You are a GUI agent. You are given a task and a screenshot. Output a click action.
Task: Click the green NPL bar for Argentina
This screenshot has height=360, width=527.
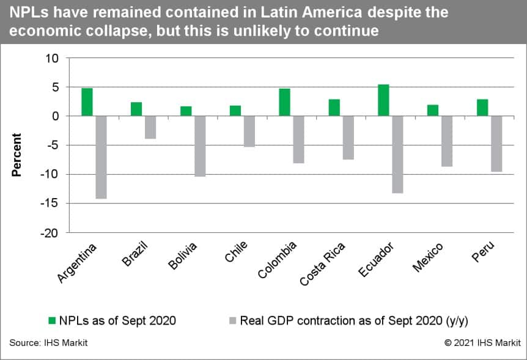click(x=87, y=102)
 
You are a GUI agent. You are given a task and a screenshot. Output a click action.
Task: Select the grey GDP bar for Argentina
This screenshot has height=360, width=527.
click(x=101, y=157)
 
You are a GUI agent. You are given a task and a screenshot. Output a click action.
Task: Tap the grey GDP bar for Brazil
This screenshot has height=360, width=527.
click(x=150, y=127)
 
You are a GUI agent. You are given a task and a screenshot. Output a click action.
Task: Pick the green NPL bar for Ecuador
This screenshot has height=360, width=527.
click(x=383, y=100)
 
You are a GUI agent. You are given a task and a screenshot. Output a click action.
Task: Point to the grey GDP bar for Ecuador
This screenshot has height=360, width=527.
click(x=397, y=155)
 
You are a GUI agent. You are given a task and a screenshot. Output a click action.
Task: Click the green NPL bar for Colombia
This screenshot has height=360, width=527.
click(x=285, y=102)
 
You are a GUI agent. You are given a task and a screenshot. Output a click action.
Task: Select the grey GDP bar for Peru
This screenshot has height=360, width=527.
click(x=496, y=144)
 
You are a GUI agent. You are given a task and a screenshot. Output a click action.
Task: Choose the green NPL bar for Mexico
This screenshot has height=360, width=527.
click(x=433, y=110)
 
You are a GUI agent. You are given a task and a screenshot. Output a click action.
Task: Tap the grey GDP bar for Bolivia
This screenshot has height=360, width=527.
click(x=200, y=146)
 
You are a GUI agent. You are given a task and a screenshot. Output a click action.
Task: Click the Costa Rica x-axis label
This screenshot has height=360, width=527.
click(x=323, y=263)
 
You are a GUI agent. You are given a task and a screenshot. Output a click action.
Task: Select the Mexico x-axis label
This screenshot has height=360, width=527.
click(x=429, y=255)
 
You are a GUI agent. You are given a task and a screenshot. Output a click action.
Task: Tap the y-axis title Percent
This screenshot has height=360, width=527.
click(x=17, y=155)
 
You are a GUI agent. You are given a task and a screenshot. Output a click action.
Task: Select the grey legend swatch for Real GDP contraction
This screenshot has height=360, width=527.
click(x=233, y=320)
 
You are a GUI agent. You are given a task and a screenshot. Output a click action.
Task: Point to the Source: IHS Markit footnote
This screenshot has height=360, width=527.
click(x=48, y=343)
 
